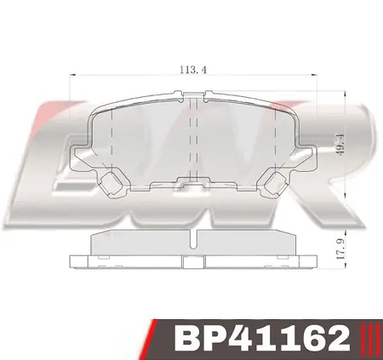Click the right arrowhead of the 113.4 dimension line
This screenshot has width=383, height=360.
click(315, 80)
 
